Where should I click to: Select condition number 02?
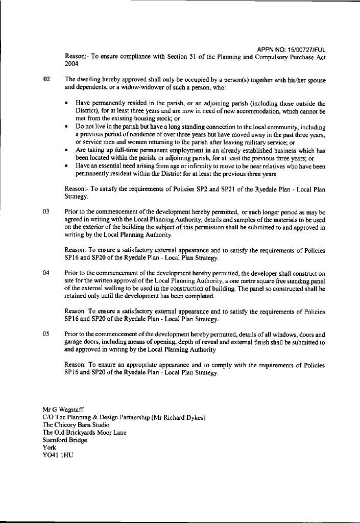(47, 80)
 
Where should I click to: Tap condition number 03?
(47, 211)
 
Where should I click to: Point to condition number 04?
(47, 273)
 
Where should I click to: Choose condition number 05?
(47, 335)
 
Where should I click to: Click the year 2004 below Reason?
(71, 64)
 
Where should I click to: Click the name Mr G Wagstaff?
(63, 410)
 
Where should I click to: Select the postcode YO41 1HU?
(58, 455)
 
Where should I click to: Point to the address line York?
(49, 447)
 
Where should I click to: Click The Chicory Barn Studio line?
(76, 424)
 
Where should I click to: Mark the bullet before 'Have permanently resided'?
(67, 104)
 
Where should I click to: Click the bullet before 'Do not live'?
(67, 127)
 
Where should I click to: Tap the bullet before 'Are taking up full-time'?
(67, 151)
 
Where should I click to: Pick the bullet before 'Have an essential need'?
(67, 166)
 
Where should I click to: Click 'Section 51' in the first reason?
(183, 57)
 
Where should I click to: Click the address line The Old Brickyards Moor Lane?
(84, 433)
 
